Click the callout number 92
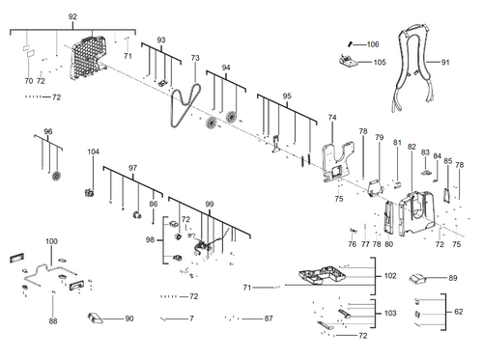[72, 18]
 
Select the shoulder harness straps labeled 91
[415, 72]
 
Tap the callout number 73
[194, 59]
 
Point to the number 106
[373, 44]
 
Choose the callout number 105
[380, 62]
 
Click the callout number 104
[94, 152]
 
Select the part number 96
[47, 131]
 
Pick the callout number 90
[128, 318]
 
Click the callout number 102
[390, 276]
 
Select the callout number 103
[390, 314]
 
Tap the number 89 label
[452, 278]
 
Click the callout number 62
[459, 311]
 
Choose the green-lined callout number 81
[396, 143]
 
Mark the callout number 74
[332, 118]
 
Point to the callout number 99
[209, 205]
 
